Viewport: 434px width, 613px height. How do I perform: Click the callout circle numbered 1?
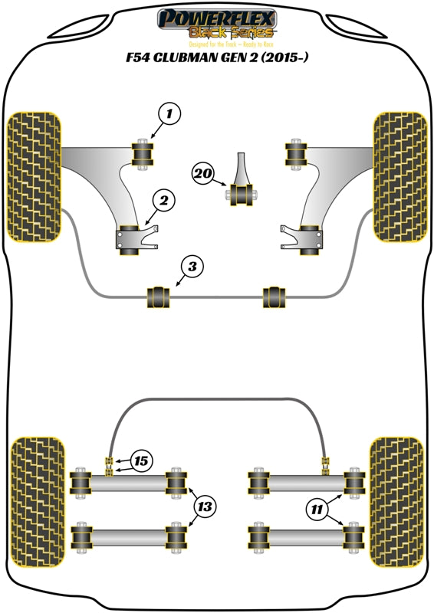click(x=170, y=115)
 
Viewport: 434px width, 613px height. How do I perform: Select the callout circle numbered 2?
click(x=163, y=202)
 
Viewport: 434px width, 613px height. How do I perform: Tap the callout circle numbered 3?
click(x=192, y=267)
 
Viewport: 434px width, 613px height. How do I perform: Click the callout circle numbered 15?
click(x=141, y=461)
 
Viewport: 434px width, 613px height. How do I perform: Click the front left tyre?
click(x=33, y=176)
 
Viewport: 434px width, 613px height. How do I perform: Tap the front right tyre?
click(x=399, y=176)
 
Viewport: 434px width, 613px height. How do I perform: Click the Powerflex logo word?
click(x=216, y=18)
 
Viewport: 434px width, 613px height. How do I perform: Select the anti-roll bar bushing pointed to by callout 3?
click(x=157, y=295)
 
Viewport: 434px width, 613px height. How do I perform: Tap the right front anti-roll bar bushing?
click(x=275, y=295)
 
